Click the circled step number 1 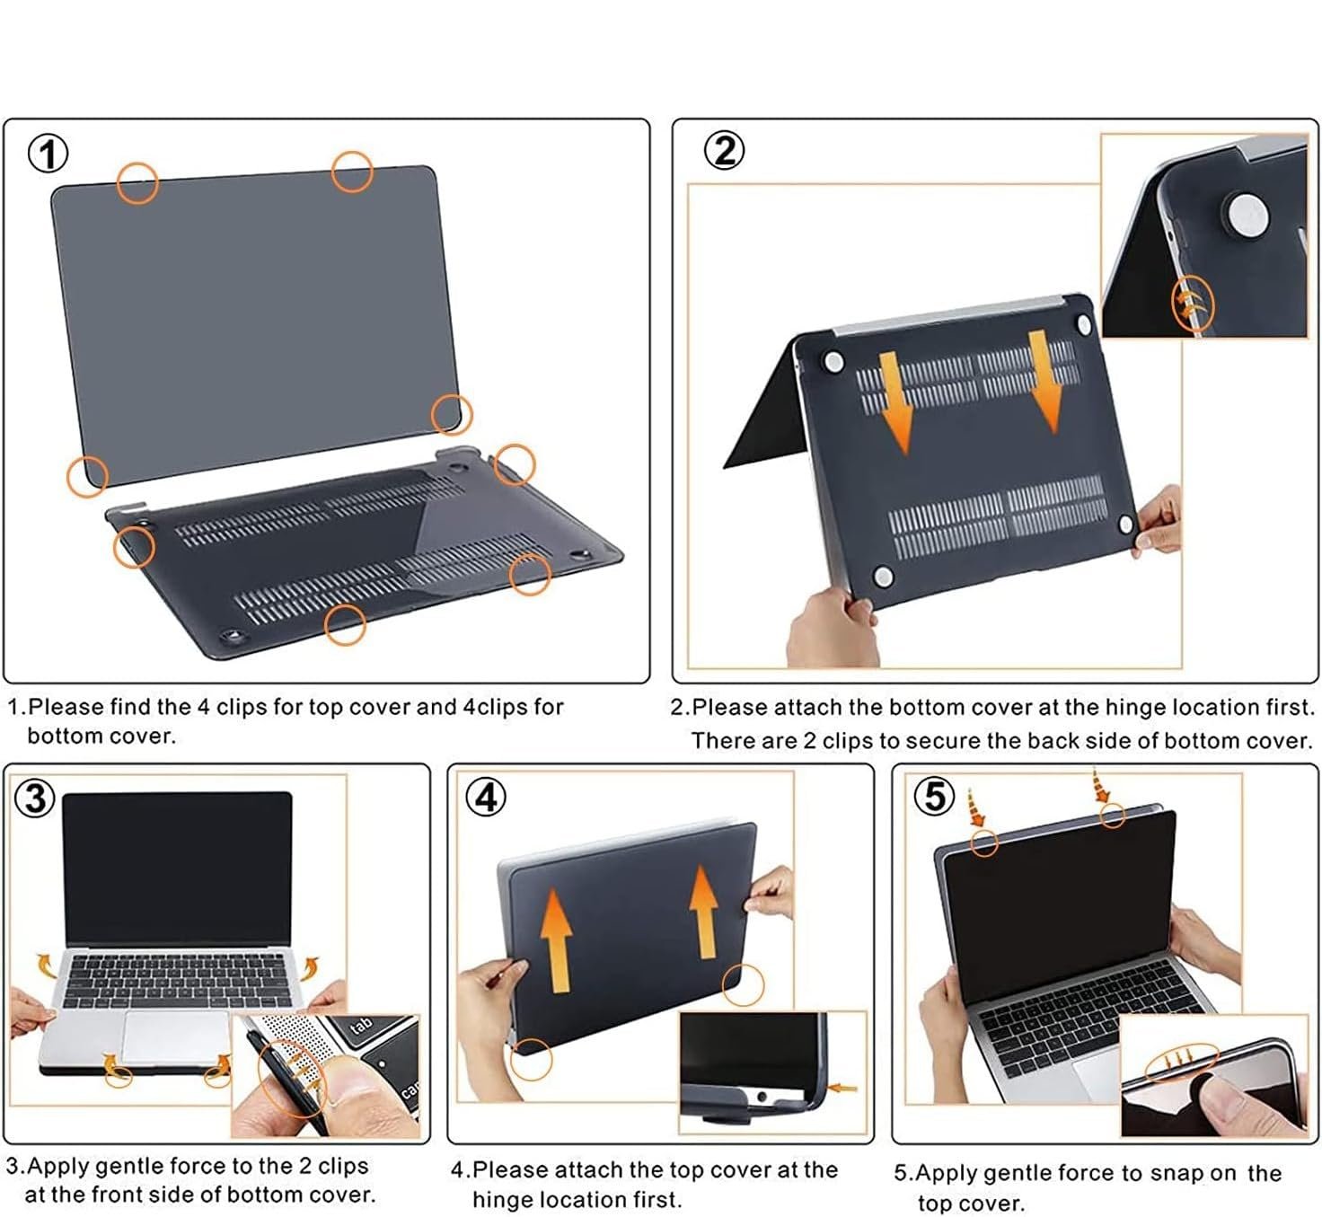(48, 154)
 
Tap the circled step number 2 (724, 151)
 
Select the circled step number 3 (34, 799)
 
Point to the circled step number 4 (486, 798)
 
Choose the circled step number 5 (934, 797)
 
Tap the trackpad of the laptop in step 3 (177, 1037)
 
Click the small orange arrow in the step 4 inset (843, 1088)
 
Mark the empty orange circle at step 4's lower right (743, 985)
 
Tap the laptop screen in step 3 (177, 869)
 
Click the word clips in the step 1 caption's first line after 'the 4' (242, 707)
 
